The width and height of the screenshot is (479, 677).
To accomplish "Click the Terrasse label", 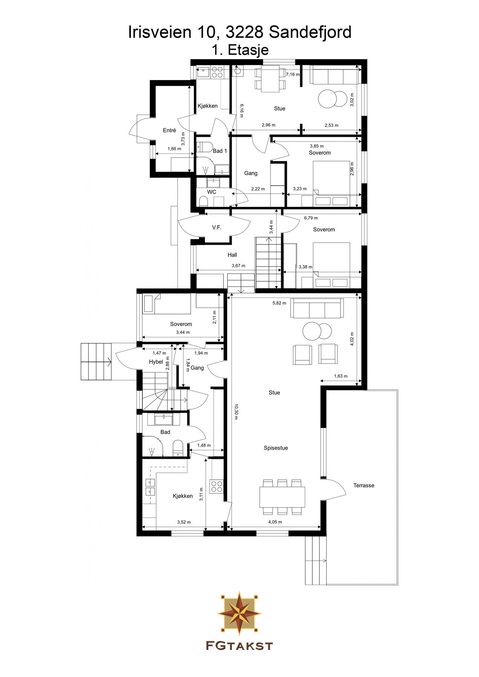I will pos(363,485).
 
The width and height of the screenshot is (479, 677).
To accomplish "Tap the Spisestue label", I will pos(276,448).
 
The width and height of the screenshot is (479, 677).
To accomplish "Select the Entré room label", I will pos(169,131).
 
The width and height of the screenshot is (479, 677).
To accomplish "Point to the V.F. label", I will pos(216,228).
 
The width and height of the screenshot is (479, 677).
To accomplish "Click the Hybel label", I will pos(156,362).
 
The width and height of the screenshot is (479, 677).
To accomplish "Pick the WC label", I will pos(212,192).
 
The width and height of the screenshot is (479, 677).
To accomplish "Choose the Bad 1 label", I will pos(220,151).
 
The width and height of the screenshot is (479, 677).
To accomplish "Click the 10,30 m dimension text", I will pos(236,412).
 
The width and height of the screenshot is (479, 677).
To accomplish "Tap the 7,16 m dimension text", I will pos(292,74).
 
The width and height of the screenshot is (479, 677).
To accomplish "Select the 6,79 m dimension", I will pos(311,218).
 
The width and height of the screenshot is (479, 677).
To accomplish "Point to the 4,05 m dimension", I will pos(275,522).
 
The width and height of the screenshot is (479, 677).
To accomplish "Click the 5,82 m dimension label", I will pos(279,303).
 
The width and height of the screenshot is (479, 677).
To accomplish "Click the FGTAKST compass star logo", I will pos(239,613).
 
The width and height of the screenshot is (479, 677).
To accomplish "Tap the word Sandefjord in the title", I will pos(310,32).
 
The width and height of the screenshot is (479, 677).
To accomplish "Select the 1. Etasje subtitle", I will pos(240,50).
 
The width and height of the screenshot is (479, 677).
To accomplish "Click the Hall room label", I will pos(232,255).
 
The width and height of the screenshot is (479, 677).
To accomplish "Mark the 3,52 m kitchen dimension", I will pos(184,522).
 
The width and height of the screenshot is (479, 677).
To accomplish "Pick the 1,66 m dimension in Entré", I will pos(174,149).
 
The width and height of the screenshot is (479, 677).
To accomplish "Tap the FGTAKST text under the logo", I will pos(239,645).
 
